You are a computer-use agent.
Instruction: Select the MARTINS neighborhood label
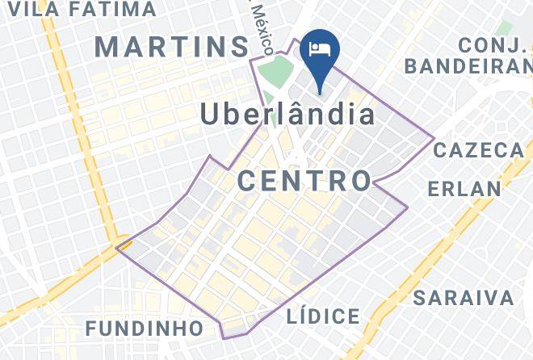pyautogui.click(x=172, y=46)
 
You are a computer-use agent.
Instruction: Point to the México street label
pyautogui.click(x=262, y=24)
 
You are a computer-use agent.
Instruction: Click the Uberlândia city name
pyautogui.click(x=287, y=115)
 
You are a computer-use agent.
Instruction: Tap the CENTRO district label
pyautogui.click(x=304, y=180)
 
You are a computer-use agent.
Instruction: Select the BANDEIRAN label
pyautogui.click(x=469, y=65)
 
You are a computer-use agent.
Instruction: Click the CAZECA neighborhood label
pyautogui.click(x=479, y=151)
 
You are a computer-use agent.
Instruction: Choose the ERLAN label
pyautogui.click(x=464, y=189)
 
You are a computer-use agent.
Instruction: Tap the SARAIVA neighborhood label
pyautogui.click(x=463, y=298)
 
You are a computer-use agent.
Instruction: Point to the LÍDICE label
pyautogui.click(x=323, y=316)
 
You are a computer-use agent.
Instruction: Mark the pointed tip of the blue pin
pyautogui.click(x=320, y=91)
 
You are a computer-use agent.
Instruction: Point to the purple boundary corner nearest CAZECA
pyautogui.click(x=434, y=140)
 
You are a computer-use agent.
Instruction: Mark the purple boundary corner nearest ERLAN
pyautogui.click(x=407, y=207)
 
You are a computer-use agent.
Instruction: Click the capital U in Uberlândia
pyautogui.click(x=212, y=115)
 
